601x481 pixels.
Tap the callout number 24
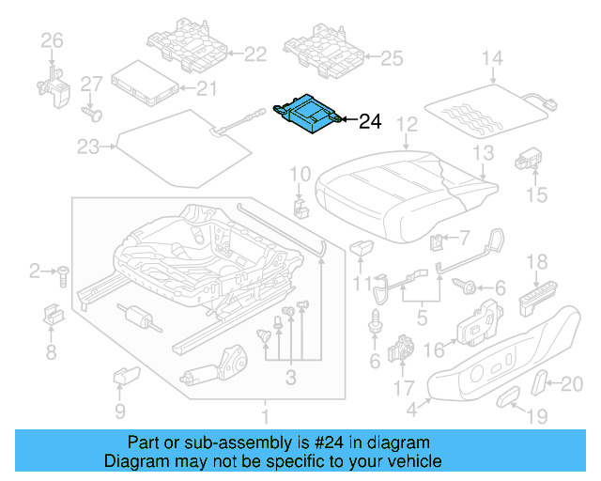(371, 120)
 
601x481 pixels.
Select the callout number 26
(52, 39)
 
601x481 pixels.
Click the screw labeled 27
(93, 114)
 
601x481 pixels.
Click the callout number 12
(406, 123)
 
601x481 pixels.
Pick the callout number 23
(87, 147)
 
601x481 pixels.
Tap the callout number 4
(411, 410)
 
